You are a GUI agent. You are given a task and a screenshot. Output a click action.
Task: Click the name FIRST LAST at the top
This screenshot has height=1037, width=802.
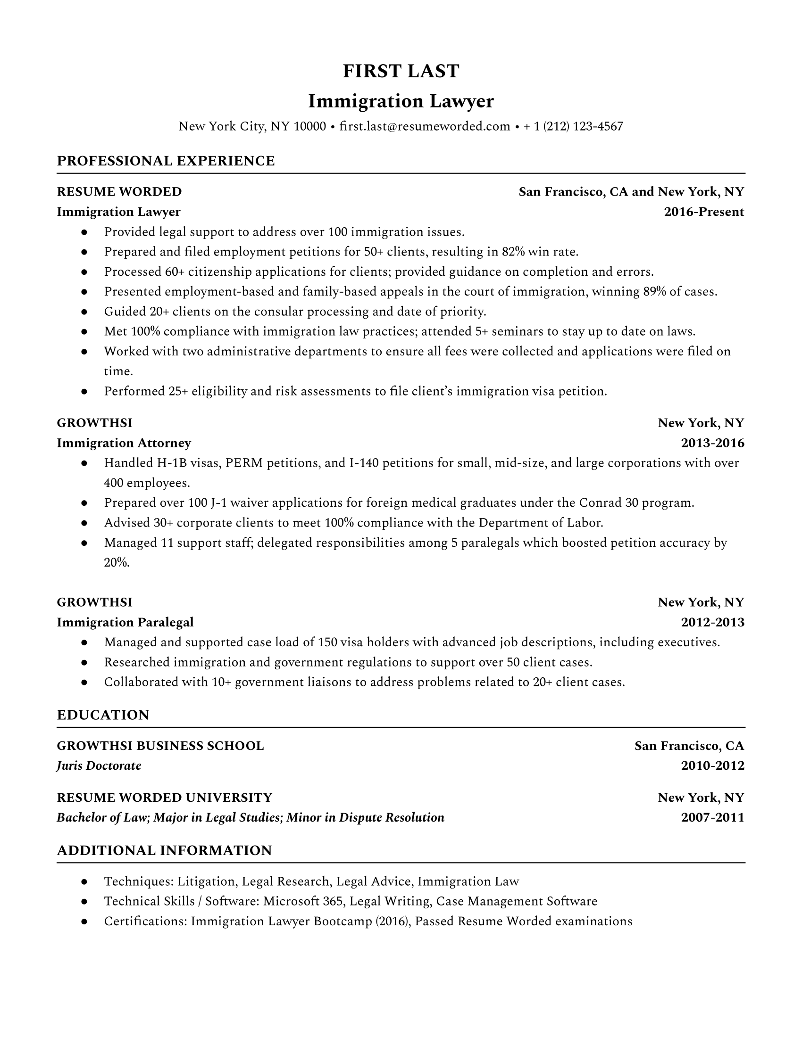(401, 71)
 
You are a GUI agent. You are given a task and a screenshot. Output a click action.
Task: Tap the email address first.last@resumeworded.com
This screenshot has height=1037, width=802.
(425, 126)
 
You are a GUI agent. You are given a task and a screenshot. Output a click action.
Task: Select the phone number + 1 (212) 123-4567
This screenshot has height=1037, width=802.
(573, 126)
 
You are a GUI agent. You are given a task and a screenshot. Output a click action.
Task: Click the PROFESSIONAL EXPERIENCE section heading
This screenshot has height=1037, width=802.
(165, 161)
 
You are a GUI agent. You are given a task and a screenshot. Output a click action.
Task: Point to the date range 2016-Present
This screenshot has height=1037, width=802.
(704, 212)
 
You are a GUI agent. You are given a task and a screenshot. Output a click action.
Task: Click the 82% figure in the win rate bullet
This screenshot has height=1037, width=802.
(513, 252)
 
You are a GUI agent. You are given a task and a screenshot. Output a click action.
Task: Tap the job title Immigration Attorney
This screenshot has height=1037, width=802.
(124, 443)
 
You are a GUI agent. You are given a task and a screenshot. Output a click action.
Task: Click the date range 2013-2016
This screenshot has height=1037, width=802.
(712, 443)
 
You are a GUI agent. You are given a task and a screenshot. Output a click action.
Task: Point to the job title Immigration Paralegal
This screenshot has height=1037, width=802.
(125, 623)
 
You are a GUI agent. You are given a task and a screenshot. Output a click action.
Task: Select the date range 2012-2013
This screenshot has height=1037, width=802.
(712, 623)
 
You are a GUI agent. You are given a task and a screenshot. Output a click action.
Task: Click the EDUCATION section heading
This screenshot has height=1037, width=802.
(103, 715)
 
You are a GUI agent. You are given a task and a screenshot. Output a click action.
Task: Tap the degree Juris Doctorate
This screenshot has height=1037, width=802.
(99, 766)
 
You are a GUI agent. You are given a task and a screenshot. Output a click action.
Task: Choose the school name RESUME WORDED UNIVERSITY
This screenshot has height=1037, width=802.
(164, 797)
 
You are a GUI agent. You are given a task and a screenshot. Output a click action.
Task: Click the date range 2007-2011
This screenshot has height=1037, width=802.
(712, 818)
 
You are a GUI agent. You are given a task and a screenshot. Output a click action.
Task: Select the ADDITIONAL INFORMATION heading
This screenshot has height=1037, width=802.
(164, 850)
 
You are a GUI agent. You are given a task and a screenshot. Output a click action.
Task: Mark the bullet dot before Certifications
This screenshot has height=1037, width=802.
(84, 922)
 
